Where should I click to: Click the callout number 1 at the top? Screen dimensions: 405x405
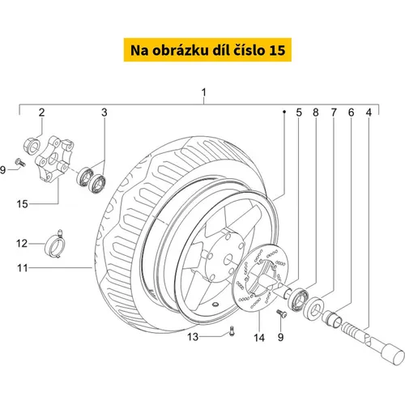tap(204, 92)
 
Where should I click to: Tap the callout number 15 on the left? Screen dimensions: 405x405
tap(22, 204)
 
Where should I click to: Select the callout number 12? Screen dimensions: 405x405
tap(22, 244)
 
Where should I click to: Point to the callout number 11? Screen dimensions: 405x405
tap(23, 268)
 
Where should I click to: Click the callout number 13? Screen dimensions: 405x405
tap(193, 337)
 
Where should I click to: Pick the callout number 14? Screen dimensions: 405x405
tap(259, 338)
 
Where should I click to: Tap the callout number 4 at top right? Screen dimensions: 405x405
tap(369, 113)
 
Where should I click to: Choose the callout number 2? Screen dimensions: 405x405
tap(41, 113)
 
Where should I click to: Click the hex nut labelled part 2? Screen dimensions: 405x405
tap(32, 146)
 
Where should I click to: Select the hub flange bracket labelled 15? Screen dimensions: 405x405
tap(54, 159)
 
